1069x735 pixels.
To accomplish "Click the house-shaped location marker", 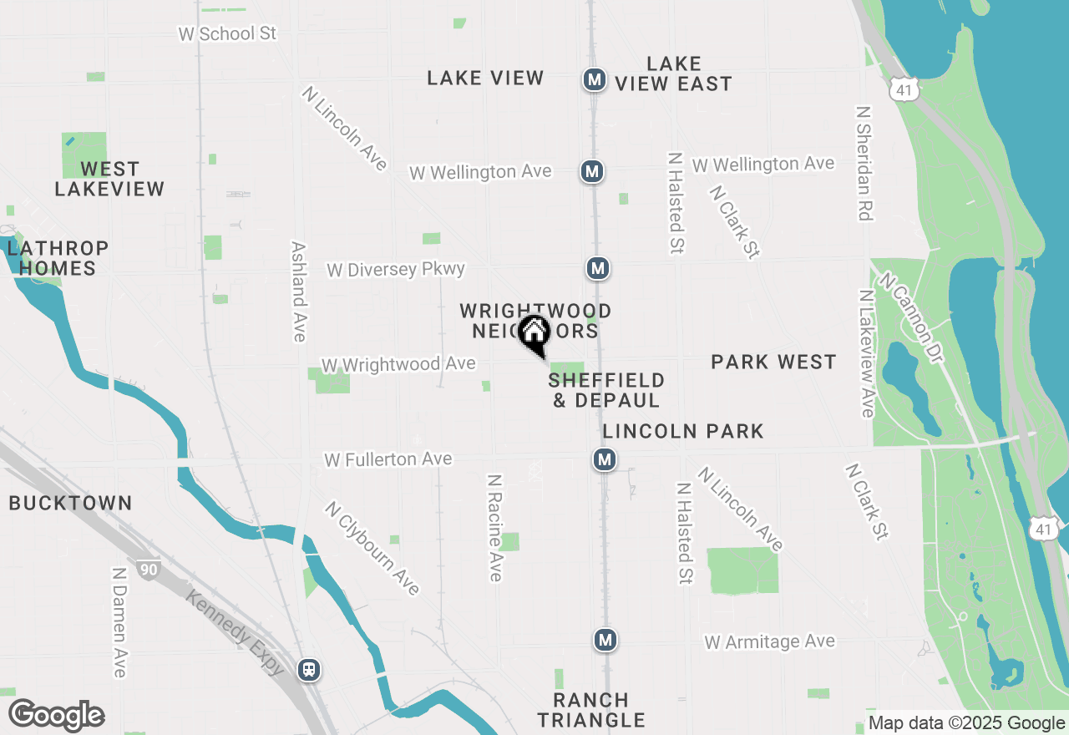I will coord(534,333).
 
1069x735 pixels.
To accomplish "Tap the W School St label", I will coord(227,33).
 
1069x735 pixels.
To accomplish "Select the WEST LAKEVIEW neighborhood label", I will coord(109,180).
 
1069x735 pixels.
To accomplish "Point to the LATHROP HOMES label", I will coord(58,258).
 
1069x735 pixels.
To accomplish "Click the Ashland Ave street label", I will coord(298,291).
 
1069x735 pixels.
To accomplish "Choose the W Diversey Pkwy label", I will coord(395,270).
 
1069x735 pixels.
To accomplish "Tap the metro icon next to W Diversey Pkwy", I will coord(597,268).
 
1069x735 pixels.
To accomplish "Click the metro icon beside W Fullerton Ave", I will coord(605,459).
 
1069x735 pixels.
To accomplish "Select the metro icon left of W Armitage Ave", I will coord(605,640).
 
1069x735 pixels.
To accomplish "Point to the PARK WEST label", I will coord(773,362).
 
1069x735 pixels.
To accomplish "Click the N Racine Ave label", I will coord(495,528).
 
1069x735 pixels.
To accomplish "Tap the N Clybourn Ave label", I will coord(372,548).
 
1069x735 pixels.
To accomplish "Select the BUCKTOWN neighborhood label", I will coord(70,503).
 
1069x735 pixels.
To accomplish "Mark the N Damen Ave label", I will coord(119,622).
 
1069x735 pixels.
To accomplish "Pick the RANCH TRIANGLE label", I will coord(591,709).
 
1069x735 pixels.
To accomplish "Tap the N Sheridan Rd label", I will coord(864,163).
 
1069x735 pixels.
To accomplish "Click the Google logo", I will coord(56,716).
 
